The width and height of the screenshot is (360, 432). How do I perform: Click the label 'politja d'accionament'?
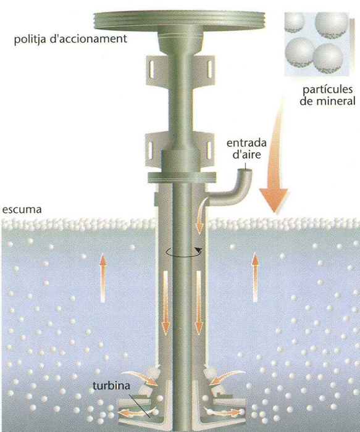(70, 38)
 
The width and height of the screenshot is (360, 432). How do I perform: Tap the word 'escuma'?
(22, 210)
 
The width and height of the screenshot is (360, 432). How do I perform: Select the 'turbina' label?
(111, 385)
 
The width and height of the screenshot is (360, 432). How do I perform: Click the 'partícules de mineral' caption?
(327, 96)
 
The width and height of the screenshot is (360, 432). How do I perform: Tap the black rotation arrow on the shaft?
(184, 252)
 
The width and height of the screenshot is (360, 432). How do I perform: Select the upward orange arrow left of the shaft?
(103, 278)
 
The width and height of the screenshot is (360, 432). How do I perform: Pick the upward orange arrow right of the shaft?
(255, 278)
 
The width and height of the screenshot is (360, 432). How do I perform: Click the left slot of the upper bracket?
(152, 69)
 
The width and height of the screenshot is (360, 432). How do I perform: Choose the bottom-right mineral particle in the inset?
(328, 58)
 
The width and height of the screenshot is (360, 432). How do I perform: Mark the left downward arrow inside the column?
(165, 302)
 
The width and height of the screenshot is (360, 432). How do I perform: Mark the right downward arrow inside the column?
(198, 302)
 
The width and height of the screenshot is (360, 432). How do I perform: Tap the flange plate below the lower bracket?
(181, 178)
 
